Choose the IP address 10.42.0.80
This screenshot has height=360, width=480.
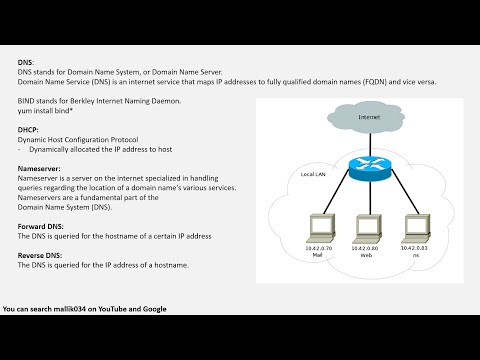pos(368,246)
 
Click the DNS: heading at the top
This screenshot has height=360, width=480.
pos(25,63)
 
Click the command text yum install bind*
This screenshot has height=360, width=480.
pos(49,110)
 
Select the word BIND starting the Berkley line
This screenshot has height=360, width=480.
pos(28,101)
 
